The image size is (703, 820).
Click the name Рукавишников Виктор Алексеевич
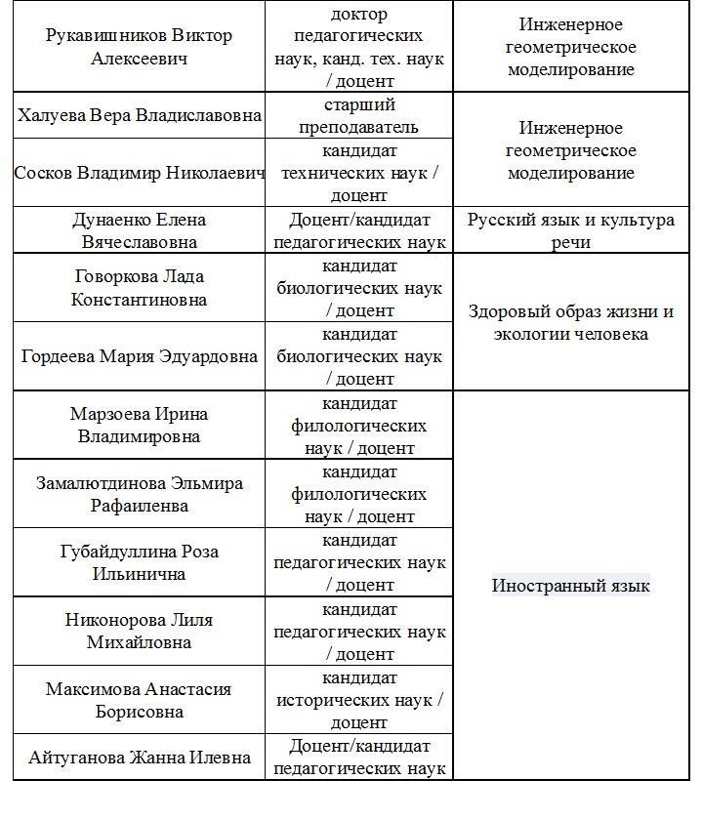click(x=139, y=47)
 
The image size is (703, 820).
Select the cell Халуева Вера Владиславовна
click(x=139, y=115)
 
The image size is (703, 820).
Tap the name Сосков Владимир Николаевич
click(x=139, y=173)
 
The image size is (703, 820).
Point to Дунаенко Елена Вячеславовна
click(x=139, y=230)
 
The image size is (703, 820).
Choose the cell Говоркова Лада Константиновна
click(x=139, y=288)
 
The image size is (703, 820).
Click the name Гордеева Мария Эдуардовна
click(x=139, y=356)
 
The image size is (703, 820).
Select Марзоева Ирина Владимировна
click(x=139, y=425)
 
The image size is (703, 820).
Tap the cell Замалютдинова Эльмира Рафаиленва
click(x=139, y=494)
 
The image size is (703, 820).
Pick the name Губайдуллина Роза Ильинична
click(x=139, y=562)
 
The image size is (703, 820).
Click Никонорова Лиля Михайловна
click(x=139, y=631)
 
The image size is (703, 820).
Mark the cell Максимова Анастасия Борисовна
click(x=139, y=700)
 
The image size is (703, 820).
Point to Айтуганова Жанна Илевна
click(x=139, y=757)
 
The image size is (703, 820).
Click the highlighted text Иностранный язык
click(x=570, y=586)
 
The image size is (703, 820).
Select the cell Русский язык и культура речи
click(x=570, y=230)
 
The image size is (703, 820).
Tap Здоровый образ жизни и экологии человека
click(x=570, y=323)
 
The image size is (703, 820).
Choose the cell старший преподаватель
click(x=358, y=115)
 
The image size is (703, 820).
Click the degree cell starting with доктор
click(x=358, y=47)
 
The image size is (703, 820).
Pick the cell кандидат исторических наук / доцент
click(x=358, y=700)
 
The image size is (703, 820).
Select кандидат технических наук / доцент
click(x=358, y=173)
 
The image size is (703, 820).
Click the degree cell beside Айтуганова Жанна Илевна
click(x=358, y=757)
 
